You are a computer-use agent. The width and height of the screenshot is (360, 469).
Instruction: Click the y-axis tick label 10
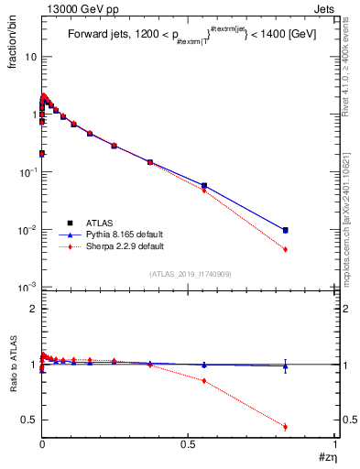click(x=29, y=57)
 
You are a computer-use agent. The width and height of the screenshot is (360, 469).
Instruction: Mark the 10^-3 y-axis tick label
click(x=27, y=288)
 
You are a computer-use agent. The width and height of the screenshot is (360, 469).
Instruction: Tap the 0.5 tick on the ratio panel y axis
click(x=27, y=420)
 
